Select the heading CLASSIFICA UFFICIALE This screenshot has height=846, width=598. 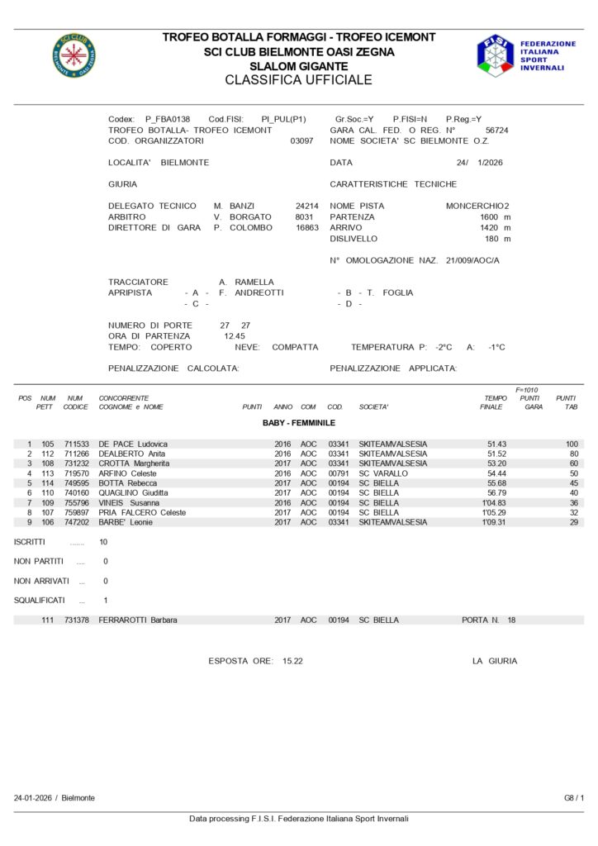(x=298, y=80)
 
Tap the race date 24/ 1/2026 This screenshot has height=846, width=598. (x=479, y=164)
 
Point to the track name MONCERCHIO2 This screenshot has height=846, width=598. (x=477, y=206)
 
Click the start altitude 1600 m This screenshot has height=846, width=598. (x=495, y=216)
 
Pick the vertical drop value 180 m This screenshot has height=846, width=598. (x=497, y=239)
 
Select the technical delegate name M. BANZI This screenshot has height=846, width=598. (x=234, y=206)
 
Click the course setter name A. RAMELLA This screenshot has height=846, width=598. (x=246, y=282)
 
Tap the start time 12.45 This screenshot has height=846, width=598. (x=235, y=336)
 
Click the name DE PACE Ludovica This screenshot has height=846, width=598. (x=133, y=444)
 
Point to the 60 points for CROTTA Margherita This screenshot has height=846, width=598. (x=572, y=463)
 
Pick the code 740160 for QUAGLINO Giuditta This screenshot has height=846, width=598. (x=76, y=493)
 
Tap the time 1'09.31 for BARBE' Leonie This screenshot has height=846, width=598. (x=494, y=522)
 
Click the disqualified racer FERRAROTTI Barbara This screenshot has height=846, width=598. (x=137, y=620)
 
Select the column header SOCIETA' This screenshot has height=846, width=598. (x=373, y=407)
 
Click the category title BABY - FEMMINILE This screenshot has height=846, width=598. (x=298, y=423)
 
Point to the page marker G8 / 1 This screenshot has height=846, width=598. (x=573, y=798)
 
